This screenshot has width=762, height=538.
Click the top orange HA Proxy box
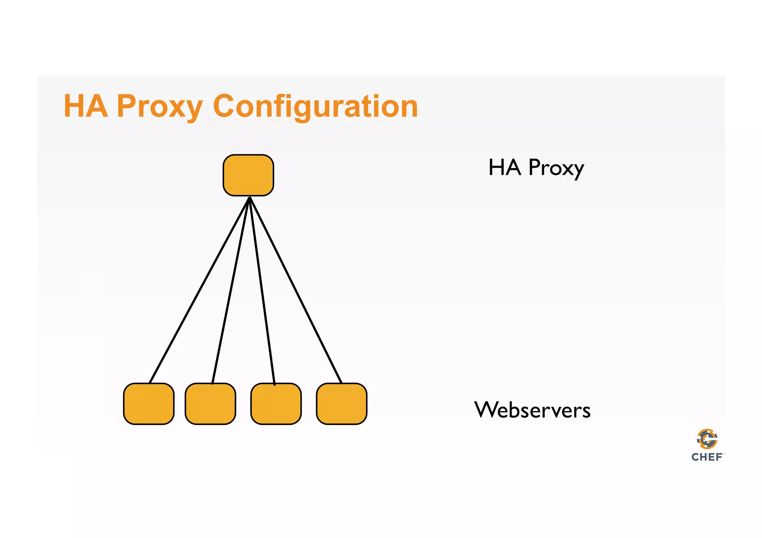point(248,175)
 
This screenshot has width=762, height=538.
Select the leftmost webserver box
point(148,404)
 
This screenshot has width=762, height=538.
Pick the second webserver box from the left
point(210,404)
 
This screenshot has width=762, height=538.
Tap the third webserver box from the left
point(276,404)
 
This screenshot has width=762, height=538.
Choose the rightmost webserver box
point(342,404)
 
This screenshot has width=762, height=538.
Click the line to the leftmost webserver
point(199,290)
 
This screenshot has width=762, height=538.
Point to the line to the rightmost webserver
point(296,290)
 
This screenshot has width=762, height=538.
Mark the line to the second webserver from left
point(231,290)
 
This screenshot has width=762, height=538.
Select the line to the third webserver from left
point(262,290)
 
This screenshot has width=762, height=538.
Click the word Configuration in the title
point(316,106)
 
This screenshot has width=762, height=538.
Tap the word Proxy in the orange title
point(160,106)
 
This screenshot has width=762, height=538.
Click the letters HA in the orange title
point(86,106)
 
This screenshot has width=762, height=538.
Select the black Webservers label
point(532,410)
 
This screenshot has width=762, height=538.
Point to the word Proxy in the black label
point(556,168)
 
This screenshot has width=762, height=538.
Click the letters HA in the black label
point(505,167)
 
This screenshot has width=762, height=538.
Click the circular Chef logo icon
point(707,439)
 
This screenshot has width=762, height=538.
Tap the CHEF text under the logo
point(707,457)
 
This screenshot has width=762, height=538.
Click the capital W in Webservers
point(487,410)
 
